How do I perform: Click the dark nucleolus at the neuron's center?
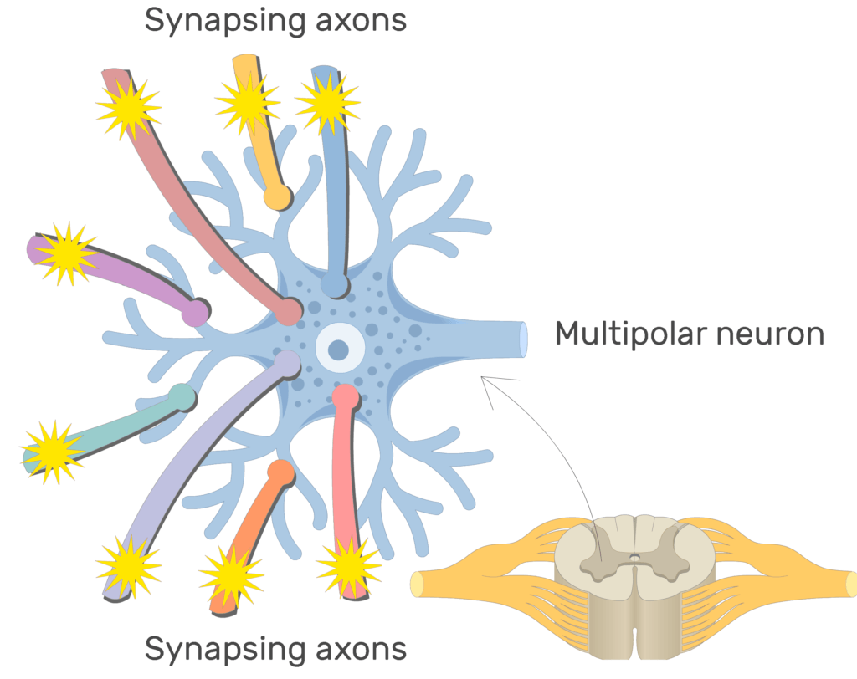(x=338, y=349)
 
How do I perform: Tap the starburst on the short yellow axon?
(x=247, y=103)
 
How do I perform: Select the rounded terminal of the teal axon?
(x=182, y=396)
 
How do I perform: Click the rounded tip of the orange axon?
(x=282, y=472)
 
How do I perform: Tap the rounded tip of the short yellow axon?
(x=275, y=197)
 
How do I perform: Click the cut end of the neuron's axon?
(x=523, y=339)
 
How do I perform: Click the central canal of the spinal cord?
(x=635, y=556)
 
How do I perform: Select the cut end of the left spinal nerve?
(x=416, y=583)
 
